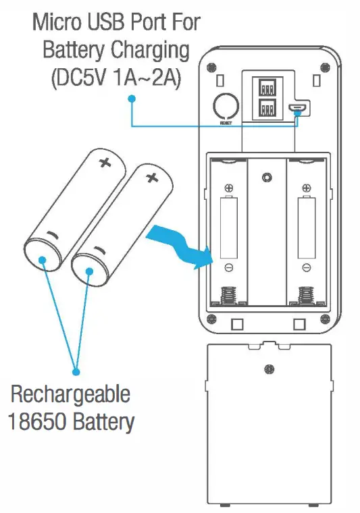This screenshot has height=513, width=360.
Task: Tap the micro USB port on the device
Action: pos(298,107)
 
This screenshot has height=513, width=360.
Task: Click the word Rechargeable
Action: pos(70,395)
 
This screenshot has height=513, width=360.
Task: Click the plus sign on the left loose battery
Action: pos(104,162)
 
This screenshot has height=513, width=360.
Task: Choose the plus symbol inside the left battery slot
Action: pos(229,188)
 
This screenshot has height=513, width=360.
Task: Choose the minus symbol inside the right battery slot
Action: pos(306,268)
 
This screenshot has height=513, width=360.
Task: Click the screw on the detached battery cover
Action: pos(269,369)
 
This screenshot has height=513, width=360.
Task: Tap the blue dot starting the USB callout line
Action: pos(132,99)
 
